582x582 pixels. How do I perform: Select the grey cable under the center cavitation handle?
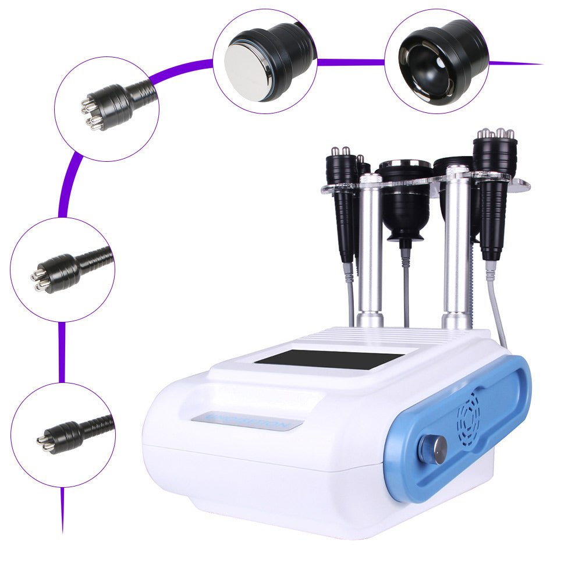[x=405, y=285]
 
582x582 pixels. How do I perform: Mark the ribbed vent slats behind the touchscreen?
[x=355, y=336]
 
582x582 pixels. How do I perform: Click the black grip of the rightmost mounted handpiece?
[x=494, y=215]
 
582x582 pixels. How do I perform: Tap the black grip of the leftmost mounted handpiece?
[x=345, y=215]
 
